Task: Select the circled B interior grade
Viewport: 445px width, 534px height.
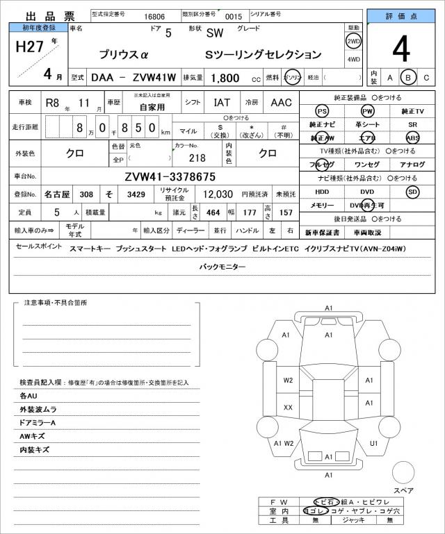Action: coord(410,77)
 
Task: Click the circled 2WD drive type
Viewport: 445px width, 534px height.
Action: coord(353,41)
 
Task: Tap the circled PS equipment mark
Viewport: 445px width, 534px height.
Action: coord(321,111)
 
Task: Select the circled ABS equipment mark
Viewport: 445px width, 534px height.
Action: coord(413,137)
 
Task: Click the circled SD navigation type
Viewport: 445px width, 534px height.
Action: coord(413,192)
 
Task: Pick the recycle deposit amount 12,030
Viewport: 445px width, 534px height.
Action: coord(217,194)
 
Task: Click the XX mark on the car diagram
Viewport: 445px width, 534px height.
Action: coord(288,407)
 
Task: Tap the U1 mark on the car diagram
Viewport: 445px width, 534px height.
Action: coord(373,442)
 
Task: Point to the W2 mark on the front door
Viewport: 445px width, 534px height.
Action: coord(288,381)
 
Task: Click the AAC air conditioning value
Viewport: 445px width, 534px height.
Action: coord(281,102)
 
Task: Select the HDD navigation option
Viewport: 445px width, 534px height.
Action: coord(321,192)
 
